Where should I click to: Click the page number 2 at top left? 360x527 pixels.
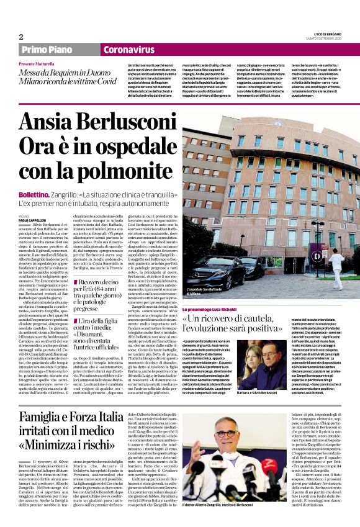pyautogui.click(x=21, y=37)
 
